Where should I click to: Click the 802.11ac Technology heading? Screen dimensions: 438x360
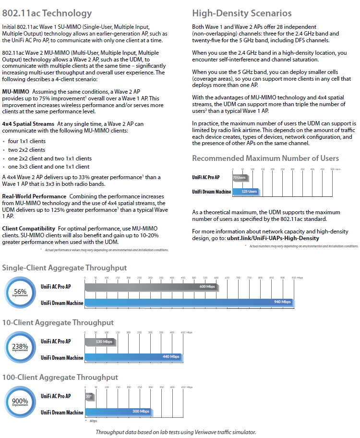pyautogui.click(x=47, y=13)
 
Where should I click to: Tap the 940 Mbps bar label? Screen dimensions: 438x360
pyautogui.click(x=282, y=302)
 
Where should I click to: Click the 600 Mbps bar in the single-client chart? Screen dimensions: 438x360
pyautogui.click(x=151, y=287)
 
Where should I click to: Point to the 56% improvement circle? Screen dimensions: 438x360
pyautogui.click(x=20, y=293)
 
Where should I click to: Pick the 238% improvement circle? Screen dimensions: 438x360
pyautogui.click(x=20, y=348)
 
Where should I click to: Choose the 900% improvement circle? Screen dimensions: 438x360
pyautogui.click(x=20, y=403)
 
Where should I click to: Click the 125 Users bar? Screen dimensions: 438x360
pyautogui.click(x=246, y=191)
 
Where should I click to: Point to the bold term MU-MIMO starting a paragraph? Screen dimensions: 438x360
pyautogui.click(x=15, y=91)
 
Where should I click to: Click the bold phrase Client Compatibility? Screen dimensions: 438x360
pyautogui.click(x=27, y=228)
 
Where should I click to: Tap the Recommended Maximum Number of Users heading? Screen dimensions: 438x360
pyautogui.click(x=265, y=158)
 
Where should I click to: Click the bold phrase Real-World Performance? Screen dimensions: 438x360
pyautogui.click(x=34, y=196)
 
